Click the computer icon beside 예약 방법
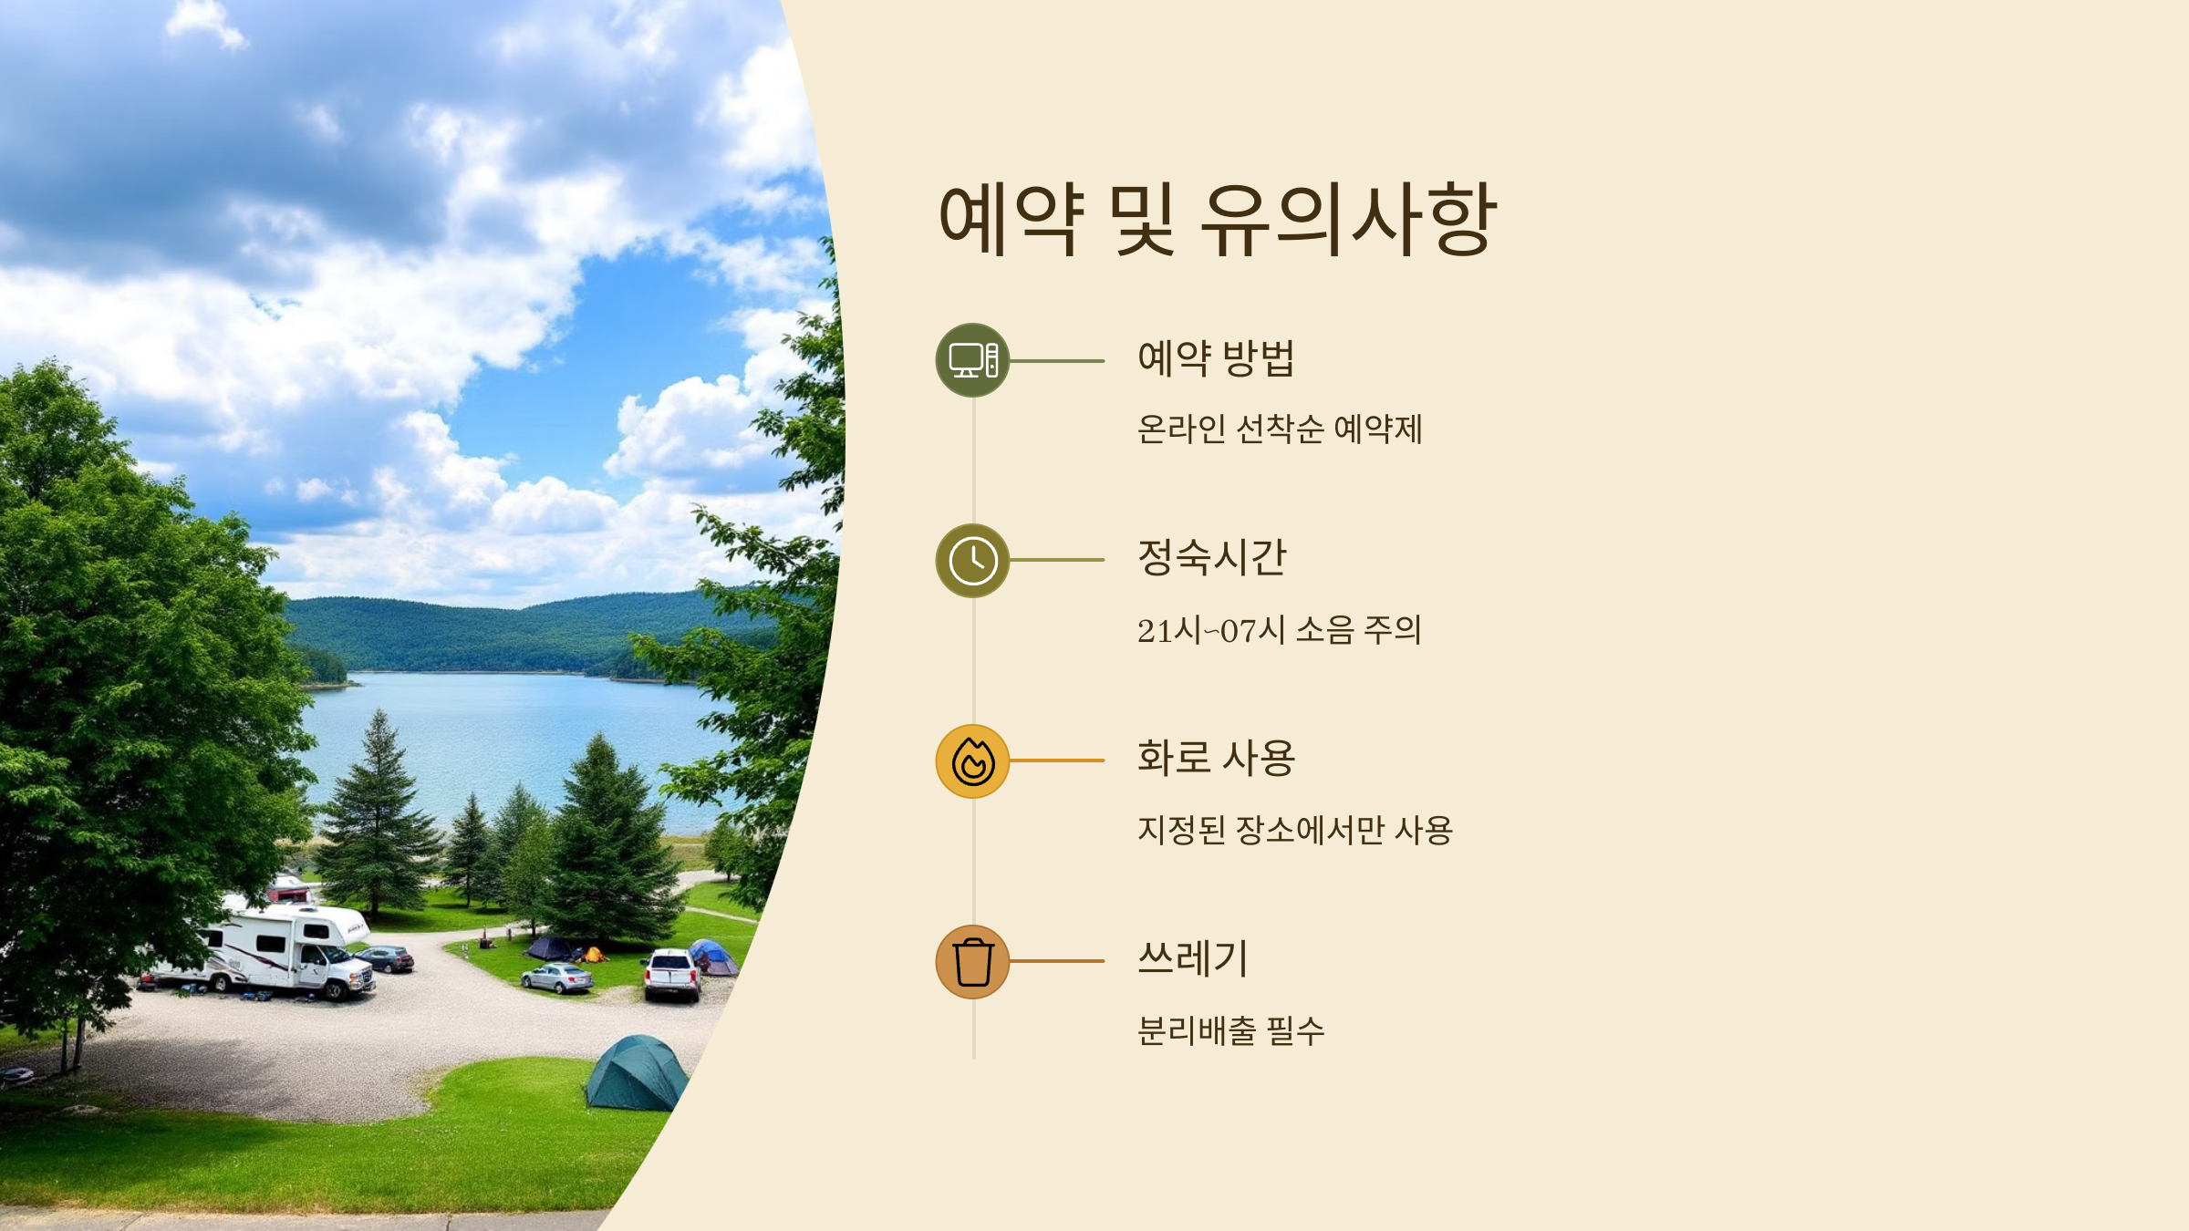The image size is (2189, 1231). [x=972, y=360]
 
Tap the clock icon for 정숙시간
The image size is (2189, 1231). [x=972, y=561]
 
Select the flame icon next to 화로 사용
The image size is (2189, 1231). [x=972, y=761]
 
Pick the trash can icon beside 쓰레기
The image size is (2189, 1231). [x=972, y=962]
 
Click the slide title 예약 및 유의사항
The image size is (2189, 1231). [x=1217, y=220]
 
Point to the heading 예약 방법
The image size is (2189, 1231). [x=1216, y=358]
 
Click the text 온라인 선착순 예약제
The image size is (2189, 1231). [x=1279, y=429]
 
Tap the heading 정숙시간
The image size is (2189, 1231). [x=1211, y=558]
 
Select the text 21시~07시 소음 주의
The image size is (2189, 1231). [x=1279, y=630]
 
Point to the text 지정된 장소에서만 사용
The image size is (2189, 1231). [x=1294, y=831]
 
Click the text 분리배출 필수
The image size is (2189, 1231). [x=1230, y=1031]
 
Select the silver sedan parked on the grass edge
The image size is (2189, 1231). [x=557, y=978]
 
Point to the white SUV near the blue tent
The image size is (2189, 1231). [x=671, y=974]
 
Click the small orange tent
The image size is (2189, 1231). [x=593, y=955]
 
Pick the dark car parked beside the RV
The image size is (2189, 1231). [x=387, y=958]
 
